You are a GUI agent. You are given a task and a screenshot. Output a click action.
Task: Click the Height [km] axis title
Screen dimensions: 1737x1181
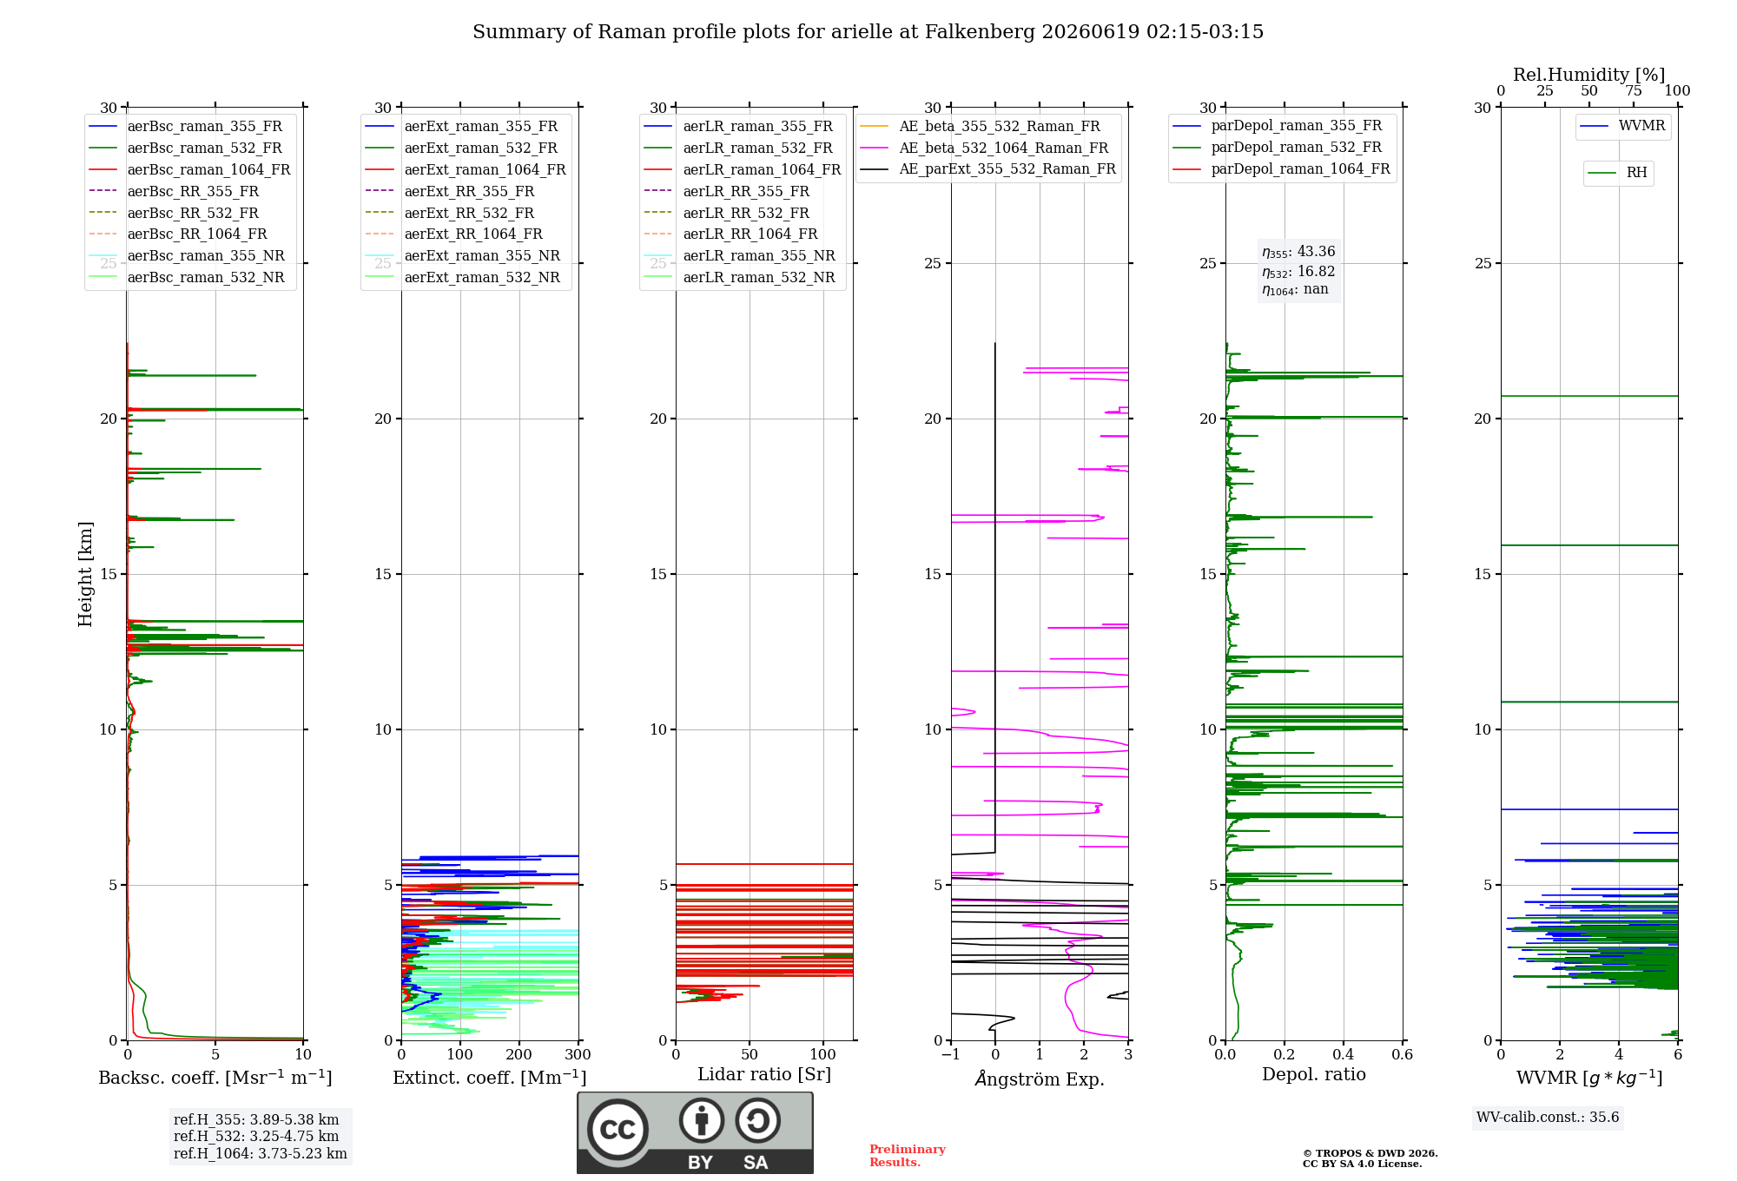tap(85, 574)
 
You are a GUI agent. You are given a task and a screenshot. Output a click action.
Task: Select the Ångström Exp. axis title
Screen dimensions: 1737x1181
tap(1040, 1079)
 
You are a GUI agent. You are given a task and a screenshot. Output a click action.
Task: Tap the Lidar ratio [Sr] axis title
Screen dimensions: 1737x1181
tap(764, 1075)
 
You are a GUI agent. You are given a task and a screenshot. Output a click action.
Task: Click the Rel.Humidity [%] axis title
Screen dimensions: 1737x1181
tap(1589, 75)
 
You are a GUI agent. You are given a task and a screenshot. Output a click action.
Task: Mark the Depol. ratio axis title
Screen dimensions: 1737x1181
tap(1314, 1074)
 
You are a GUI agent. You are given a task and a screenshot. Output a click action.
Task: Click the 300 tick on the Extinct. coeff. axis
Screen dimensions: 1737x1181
tap(578, 1055)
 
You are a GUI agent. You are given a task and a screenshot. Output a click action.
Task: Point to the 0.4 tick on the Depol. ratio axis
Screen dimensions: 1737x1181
tap(1344, 1055)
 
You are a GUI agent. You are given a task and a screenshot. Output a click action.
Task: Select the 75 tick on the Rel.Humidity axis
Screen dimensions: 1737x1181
tap(1634, 91)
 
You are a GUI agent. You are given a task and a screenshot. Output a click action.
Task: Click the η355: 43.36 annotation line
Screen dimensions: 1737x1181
tap(1298, 252)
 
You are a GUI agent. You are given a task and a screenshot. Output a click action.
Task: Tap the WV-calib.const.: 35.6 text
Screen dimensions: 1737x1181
tap(1548, 1118)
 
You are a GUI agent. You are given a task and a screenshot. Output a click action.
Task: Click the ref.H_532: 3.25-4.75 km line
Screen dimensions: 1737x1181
tap(256, 1136)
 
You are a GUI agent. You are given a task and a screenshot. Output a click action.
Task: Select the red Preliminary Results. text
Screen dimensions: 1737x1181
tap(908, 1156)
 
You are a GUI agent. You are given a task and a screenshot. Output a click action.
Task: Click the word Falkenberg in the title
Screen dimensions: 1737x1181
tap(980, 32)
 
